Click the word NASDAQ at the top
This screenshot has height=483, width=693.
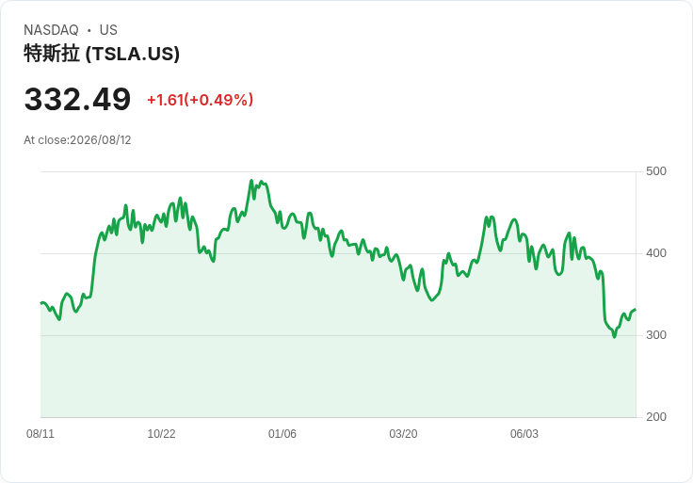(x=51, y=30)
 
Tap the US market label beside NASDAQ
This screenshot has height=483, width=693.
(x=108, y=30)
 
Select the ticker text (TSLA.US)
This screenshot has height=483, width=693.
(x=133, y=54)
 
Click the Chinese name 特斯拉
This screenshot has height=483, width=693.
(x=52, y=54)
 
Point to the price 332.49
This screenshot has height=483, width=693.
(x=77, y=99)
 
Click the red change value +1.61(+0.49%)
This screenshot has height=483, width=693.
(x=200, y=100)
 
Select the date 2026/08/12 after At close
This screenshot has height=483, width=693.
(x=101, y=140)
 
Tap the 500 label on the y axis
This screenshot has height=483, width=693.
(x=656, y=171)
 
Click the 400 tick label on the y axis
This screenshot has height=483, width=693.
(x=656, y=253)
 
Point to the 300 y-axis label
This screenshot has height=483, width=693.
(x=656, y=335)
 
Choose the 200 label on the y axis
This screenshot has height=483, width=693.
(x=656, y=417)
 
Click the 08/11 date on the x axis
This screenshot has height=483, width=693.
(x=40, y=434)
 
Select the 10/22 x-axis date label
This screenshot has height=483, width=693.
(x=161, y=434)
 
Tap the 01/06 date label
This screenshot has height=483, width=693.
(x=282, y=434)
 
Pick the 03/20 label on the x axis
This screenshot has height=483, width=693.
(x=403, y=434)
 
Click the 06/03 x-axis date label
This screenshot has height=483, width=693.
(x=524, y=434)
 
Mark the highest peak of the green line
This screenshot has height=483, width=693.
(x=251, y=180)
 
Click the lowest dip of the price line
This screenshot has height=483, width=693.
(x=614, y=337)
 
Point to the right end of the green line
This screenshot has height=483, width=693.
(x=636, y=310)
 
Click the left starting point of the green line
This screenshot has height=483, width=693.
(x=41, y=303)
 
